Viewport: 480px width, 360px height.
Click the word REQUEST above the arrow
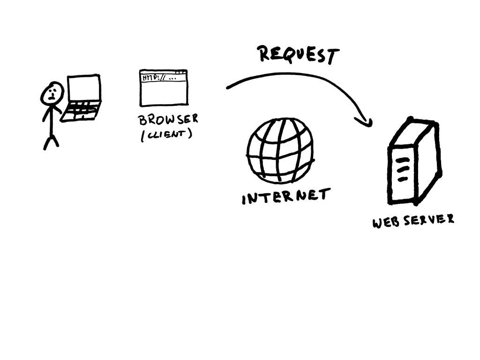click(x=298, y=55)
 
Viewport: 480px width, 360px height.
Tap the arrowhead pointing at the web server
click(x=366, y=122)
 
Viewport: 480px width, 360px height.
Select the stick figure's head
click(x=52, y=93)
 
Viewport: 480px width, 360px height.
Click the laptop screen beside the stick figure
click(x=84, y=88)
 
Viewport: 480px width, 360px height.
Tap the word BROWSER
click(x=168, y=119)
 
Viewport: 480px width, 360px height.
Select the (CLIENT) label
click(x=166, y=135)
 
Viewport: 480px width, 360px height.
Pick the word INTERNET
click(x=285, y=196)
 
